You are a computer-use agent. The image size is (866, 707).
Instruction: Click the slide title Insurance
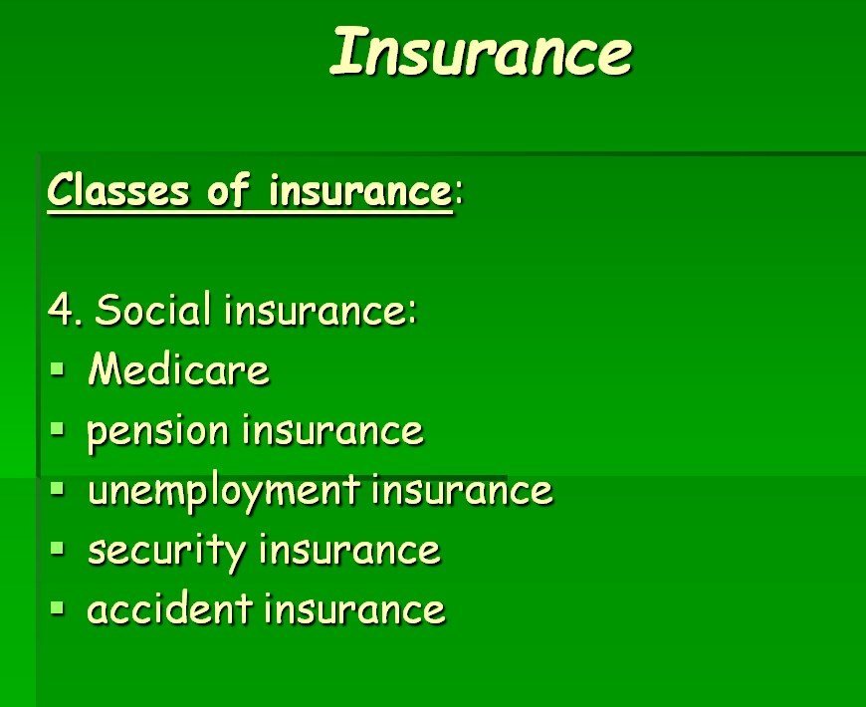click(481, 51)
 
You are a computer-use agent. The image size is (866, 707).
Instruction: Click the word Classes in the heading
click(117, 189)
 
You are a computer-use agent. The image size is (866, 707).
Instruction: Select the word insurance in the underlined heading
click(360, 190)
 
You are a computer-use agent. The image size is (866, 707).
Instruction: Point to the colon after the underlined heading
click(459, 193)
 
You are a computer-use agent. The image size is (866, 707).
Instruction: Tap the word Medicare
click(178, 368)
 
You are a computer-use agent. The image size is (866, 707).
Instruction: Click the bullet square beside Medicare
click(58, 369)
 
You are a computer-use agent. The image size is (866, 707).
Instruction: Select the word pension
click(157, 432)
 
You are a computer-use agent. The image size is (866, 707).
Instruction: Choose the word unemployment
click(224, 492)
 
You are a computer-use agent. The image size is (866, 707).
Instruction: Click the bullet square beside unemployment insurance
click(58, 488)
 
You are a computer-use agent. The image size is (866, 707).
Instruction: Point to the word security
click(166, 552)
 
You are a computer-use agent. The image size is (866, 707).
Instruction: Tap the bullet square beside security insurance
click(58, 548)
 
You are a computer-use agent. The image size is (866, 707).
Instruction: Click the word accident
click(169, 608)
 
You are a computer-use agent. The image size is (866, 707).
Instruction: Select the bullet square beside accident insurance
click(58, 608)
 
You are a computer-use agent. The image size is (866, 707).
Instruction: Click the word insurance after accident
click(354, 608)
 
